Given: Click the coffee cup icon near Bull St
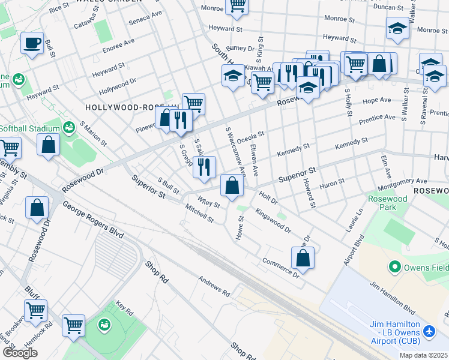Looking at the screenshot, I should coord(32,43).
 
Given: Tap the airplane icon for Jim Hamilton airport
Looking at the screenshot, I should coord(429,331).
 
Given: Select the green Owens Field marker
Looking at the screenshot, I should coord(395,266).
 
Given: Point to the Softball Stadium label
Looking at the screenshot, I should coord(30,128).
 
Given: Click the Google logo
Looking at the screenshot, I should coord(19,353).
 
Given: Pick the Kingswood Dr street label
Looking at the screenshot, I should coord(273,221).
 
